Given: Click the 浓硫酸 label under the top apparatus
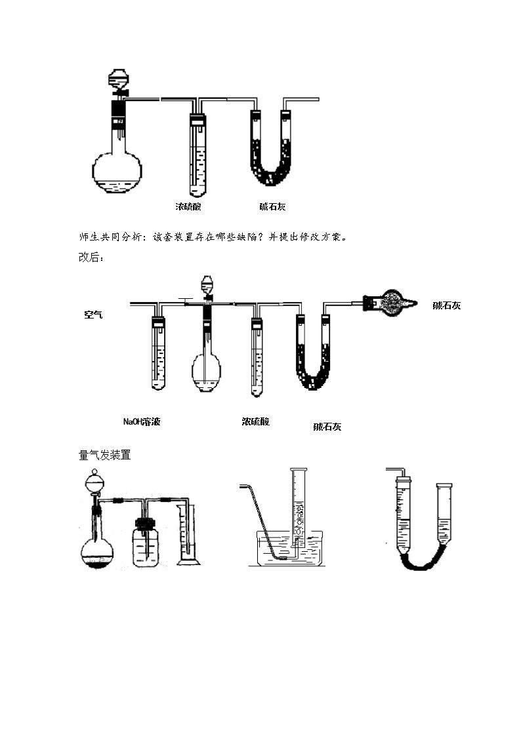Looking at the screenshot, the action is (188, 206).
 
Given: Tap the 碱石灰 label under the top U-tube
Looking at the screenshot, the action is (272, 206).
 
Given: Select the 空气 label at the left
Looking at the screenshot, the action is (93, 315).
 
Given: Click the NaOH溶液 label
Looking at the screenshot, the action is (142, 421).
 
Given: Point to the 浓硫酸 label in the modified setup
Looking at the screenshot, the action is (255, 421).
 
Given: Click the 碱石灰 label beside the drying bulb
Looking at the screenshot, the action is (446, 305).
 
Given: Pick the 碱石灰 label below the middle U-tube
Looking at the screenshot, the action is (327, 427).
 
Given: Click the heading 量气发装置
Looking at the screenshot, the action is (105, 455).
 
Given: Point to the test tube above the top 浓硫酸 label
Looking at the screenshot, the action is (198, 155).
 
